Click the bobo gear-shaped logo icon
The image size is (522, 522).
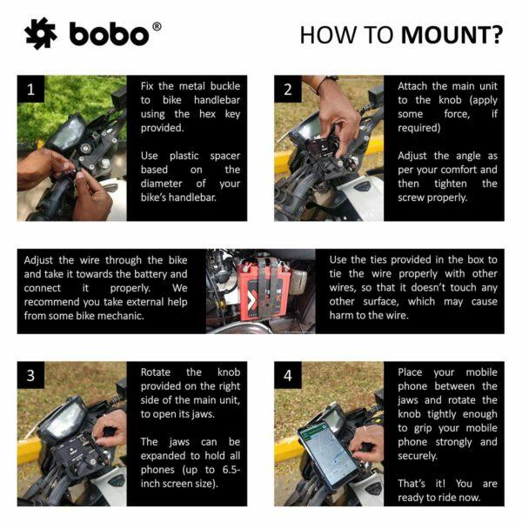tap(41, 33)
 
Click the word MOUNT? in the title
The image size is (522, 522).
tap(452, 35)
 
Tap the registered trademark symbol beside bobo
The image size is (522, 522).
tap(157, 27)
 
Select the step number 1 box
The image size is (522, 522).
tap(30, 89)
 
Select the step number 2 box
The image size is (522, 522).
tap(288, 89)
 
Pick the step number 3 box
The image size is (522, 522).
tap(30, 375)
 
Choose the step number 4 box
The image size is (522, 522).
tap(288, 375)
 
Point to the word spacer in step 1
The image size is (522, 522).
tap(225, 156)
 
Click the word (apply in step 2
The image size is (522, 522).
tap(483, 101)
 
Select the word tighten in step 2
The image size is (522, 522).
tap(451, 184)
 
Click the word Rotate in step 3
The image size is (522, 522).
tap(155, 371)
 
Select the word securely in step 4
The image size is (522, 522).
tap(417, 456)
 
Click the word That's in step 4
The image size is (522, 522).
tap(412, 484)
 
